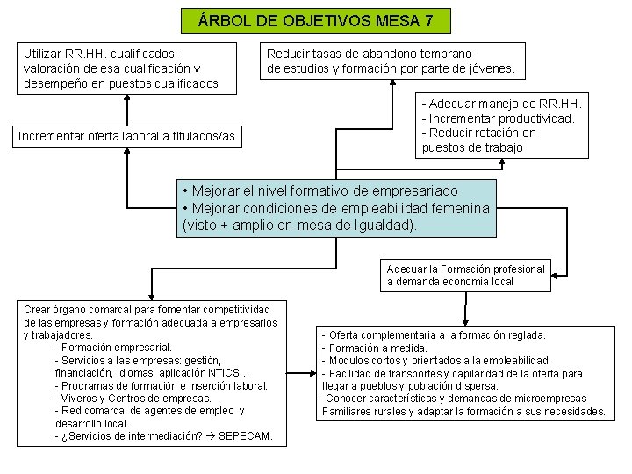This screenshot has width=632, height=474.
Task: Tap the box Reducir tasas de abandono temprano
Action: coord(392,61)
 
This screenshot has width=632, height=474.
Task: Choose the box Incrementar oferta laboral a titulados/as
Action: coord(128,135)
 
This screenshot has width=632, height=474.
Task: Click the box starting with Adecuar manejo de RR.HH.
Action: coord(502,125)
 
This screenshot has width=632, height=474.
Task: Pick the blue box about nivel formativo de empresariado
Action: coord(337,207)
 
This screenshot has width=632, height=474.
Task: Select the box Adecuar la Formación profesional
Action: coord(465,275)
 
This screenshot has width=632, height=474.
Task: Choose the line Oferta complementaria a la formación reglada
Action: coord(434,335)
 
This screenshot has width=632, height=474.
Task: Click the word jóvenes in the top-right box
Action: coord(492,68)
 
